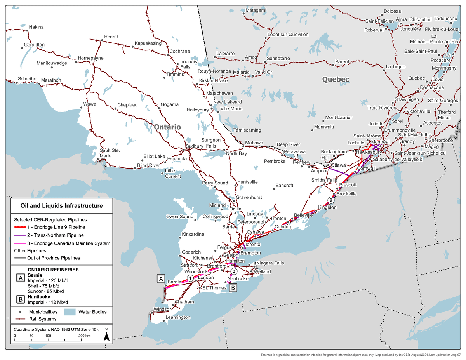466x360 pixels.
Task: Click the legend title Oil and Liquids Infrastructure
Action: (x=61, y=206)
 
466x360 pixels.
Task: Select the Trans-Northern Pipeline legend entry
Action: (x=55, y=235)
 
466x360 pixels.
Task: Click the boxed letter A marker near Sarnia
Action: (x=161, y=278)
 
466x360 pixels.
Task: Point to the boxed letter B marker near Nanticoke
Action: (x=233, y=288)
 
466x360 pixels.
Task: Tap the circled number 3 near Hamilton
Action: (x=233, y=271)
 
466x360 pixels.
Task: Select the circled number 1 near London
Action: (x=190, y=278)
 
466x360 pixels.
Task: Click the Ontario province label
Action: (x=167, y=127)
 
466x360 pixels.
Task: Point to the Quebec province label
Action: (x=336, y=79)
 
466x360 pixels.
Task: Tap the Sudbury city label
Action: (x=195, y=146)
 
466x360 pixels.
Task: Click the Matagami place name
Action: (x=256, y=9)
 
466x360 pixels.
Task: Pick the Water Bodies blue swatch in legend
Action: (x=70, y=312)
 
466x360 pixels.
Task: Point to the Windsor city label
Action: (x=162, y=309)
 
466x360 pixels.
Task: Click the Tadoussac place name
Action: (x=445, y=18)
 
